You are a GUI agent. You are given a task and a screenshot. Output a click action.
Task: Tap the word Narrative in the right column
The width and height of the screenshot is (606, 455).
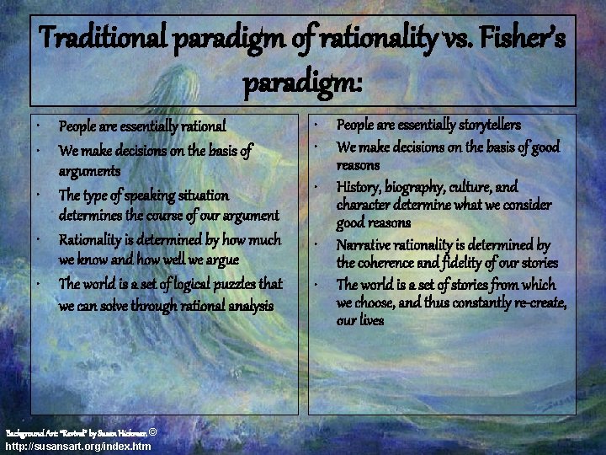(366, 245)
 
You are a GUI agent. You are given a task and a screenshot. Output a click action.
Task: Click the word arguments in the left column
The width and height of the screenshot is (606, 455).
(88, 171)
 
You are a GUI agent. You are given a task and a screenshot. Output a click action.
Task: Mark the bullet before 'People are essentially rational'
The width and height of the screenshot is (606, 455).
(40, 127)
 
